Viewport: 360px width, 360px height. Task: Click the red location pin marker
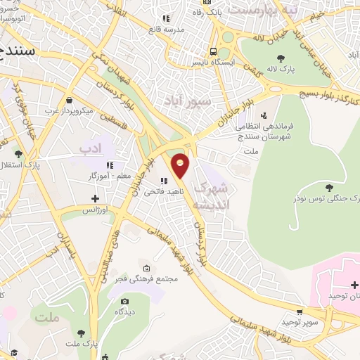coord(181,165)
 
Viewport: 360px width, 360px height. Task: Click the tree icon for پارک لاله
coord(281,58)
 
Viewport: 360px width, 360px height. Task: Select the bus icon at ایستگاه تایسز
coord(212,51)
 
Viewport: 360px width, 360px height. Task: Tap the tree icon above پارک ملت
coord(83,333)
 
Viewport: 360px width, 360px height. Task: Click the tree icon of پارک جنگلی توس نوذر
coord(330,186)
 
